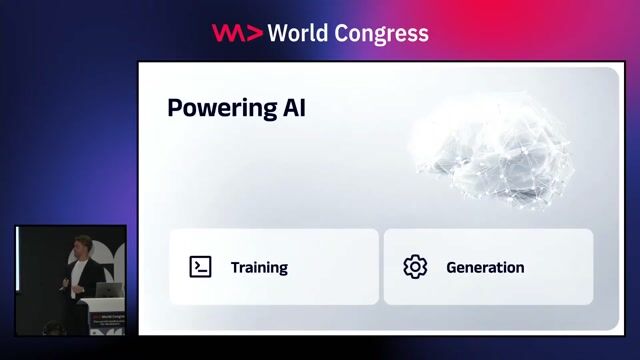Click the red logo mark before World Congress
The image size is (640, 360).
click(x=237, y=33)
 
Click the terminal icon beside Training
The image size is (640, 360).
click(x=200, y=267)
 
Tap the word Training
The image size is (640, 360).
click(x=259, y=267)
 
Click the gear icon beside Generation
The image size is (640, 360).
click(x=415, y=267)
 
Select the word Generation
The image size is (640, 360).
click(x=485, y=267)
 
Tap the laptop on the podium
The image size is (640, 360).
click(x=109, y=290)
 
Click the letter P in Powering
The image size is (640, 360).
click(x=174, y=107)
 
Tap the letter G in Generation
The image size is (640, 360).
click(x=452, y=267)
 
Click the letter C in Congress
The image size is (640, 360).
click(x=338, y=33)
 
